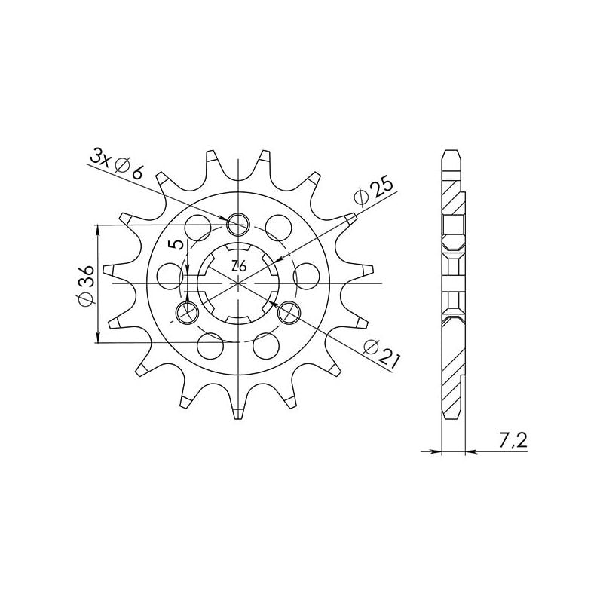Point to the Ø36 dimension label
pos(85,284)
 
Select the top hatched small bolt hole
pos(239,222)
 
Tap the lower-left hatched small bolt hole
pos(185,311)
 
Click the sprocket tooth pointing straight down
pos(237,411)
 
